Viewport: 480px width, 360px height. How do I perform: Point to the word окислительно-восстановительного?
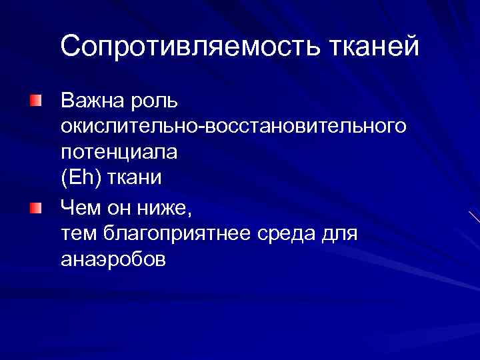[233, 126]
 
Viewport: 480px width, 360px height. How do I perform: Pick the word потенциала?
[119, 153]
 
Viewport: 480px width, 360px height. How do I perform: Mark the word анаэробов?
[113, 259]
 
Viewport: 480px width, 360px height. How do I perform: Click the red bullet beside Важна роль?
[35, 101]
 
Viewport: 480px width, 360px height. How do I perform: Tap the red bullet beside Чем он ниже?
[35, 209]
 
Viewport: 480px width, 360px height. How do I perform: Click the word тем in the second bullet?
[79, 234]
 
